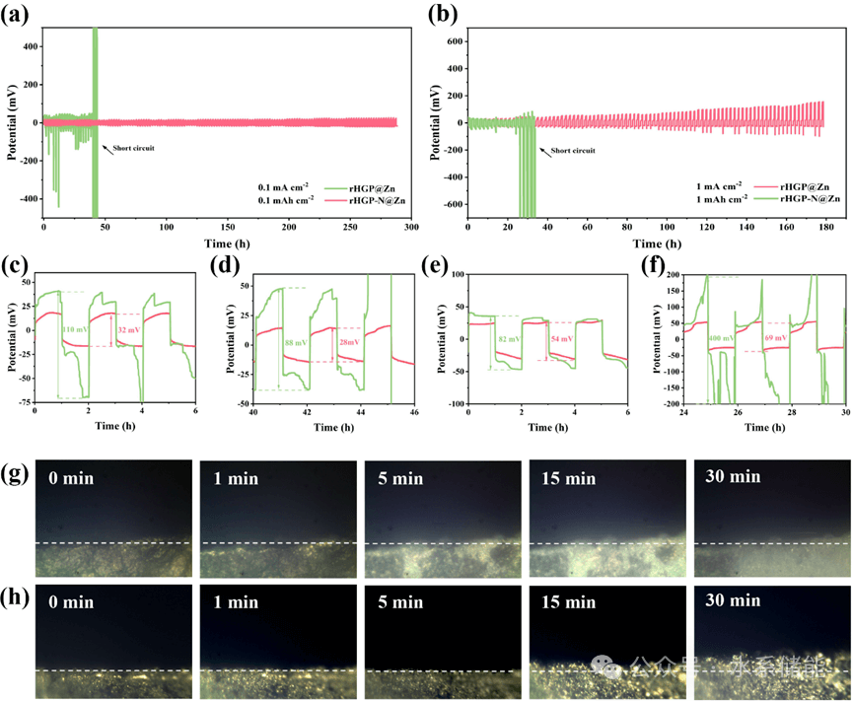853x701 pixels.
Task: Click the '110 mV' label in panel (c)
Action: [76, 329]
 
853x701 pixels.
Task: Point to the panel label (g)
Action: [16, 475]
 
